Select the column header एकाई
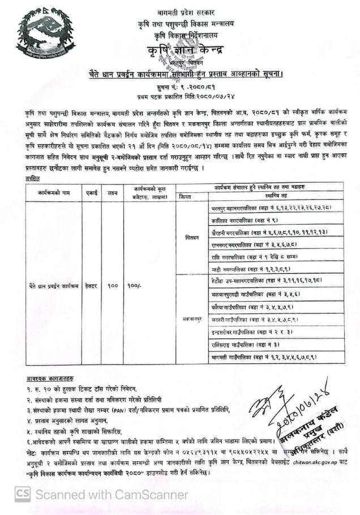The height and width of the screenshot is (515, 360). click(x=91, y=193)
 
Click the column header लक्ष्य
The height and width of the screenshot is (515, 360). click(x=113, y=193)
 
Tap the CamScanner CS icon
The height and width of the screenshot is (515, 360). click(x=23, y=494)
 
